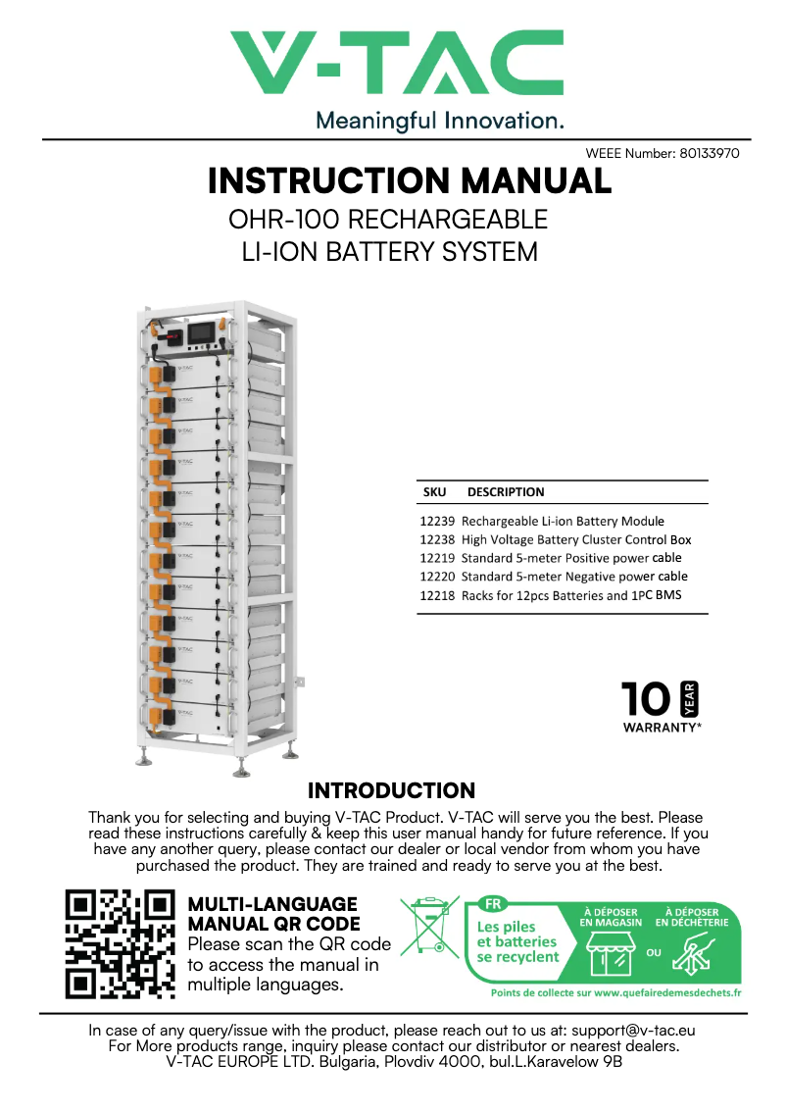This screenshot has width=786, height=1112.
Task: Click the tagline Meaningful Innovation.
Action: click(x=439, y=122)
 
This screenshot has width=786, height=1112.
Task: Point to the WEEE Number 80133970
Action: click(x=662, y=154)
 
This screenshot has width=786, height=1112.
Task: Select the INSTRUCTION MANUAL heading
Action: click(x=410, y=181)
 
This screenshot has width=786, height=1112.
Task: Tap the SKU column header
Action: click(x=434, y=492)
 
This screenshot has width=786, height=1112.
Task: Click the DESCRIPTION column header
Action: click(x=506, y=492)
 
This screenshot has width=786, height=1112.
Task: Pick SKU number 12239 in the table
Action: click(x=436, y=522)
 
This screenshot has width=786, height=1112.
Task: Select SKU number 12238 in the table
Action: click(x=436, y=540)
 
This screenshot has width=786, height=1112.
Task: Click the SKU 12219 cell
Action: click(x=436, y=558)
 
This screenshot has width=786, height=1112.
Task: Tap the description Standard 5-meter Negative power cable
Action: click(x=574, y=577)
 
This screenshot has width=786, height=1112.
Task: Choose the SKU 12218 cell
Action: click(x=436, y=595)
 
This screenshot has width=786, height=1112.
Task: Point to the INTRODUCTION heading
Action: click(x=391, y=791)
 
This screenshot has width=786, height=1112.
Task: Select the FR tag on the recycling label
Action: click(x=490, y=904)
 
